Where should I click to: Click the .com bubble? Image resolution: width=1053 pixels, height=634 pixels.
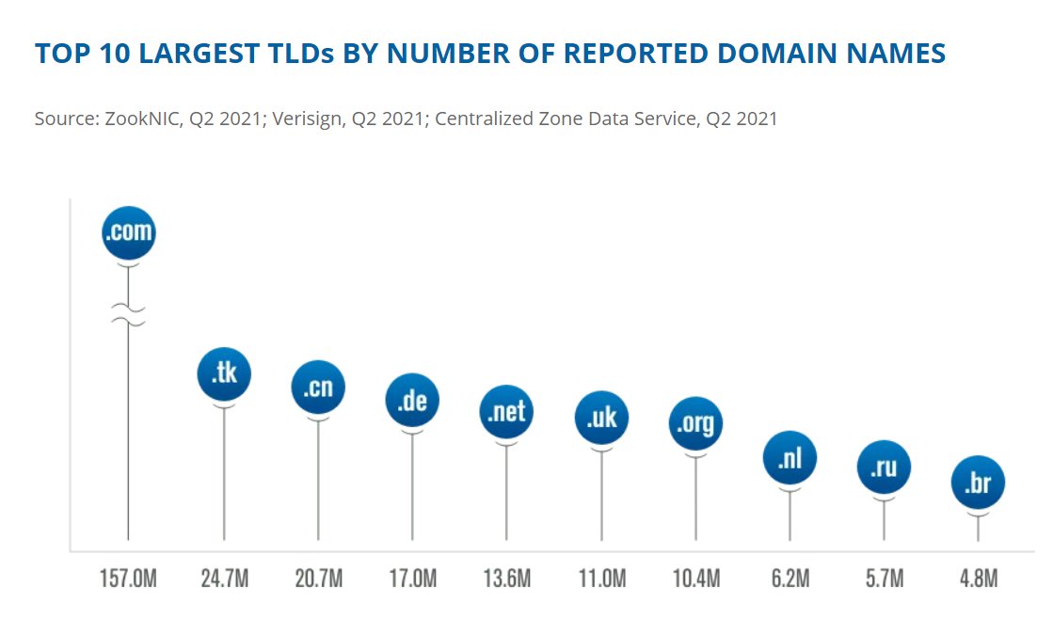pyautogui.click(x=128, y=232)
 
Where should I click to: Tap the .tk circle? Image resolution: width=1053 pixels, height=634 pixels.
pyautogui.click(x=224, y=374)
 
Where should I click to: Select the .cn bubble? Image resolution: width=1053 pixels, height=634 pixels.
pyautogui.click(x=318, y=387)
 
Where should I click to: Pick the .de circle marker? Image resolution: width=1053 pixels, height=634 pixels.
pyautogui.click(x=412, y=400)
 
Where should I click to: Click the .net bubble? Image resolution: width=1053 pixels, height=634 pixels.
pyautogui.click(x=507, y=411)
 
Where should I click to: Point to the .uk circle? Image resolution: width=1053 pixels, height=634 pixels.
pyautogui.click(x=601, y=418)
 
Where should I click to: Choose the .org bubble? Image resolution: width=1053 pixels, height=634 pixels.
pyautogui.click(x=696, y=423)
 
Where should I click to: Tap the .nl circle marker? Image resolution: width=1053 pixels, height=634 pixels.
pyautogui.click(x=790, y=458)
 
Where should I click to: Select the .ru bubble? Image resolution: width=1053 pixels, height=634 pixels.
pyautogui.click(x=884, y=467)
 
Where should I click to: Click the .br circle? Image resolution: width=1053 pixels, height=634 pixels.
pyautogui.click(x=978, y=483)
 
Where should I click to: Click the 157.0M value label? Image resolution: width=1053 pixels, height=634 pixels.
pyautogui.click(x=128, y=578)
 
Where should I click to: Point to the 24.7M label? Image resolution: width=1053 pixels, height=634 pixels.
pyautogui.click(x=224, y=578)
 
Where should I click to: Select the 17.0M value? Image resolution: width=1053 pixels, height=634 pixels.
pyautogui.click(x=412, y=578)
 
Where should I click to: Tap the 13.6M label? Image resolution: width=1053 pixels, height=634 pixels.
pyautogui.click(x=507, y=578)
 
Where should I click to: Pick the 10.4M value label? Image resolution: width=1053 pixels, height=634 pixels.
pyautogui.click(x=696, y=578)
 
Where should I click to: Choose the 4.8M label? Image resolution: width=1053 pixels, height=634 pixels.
pyautogui.click(x=978, y=578)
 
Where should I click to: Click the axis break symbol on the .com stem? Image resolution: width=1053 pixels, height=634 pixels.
pyautogui.click(x=128, y=315)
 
